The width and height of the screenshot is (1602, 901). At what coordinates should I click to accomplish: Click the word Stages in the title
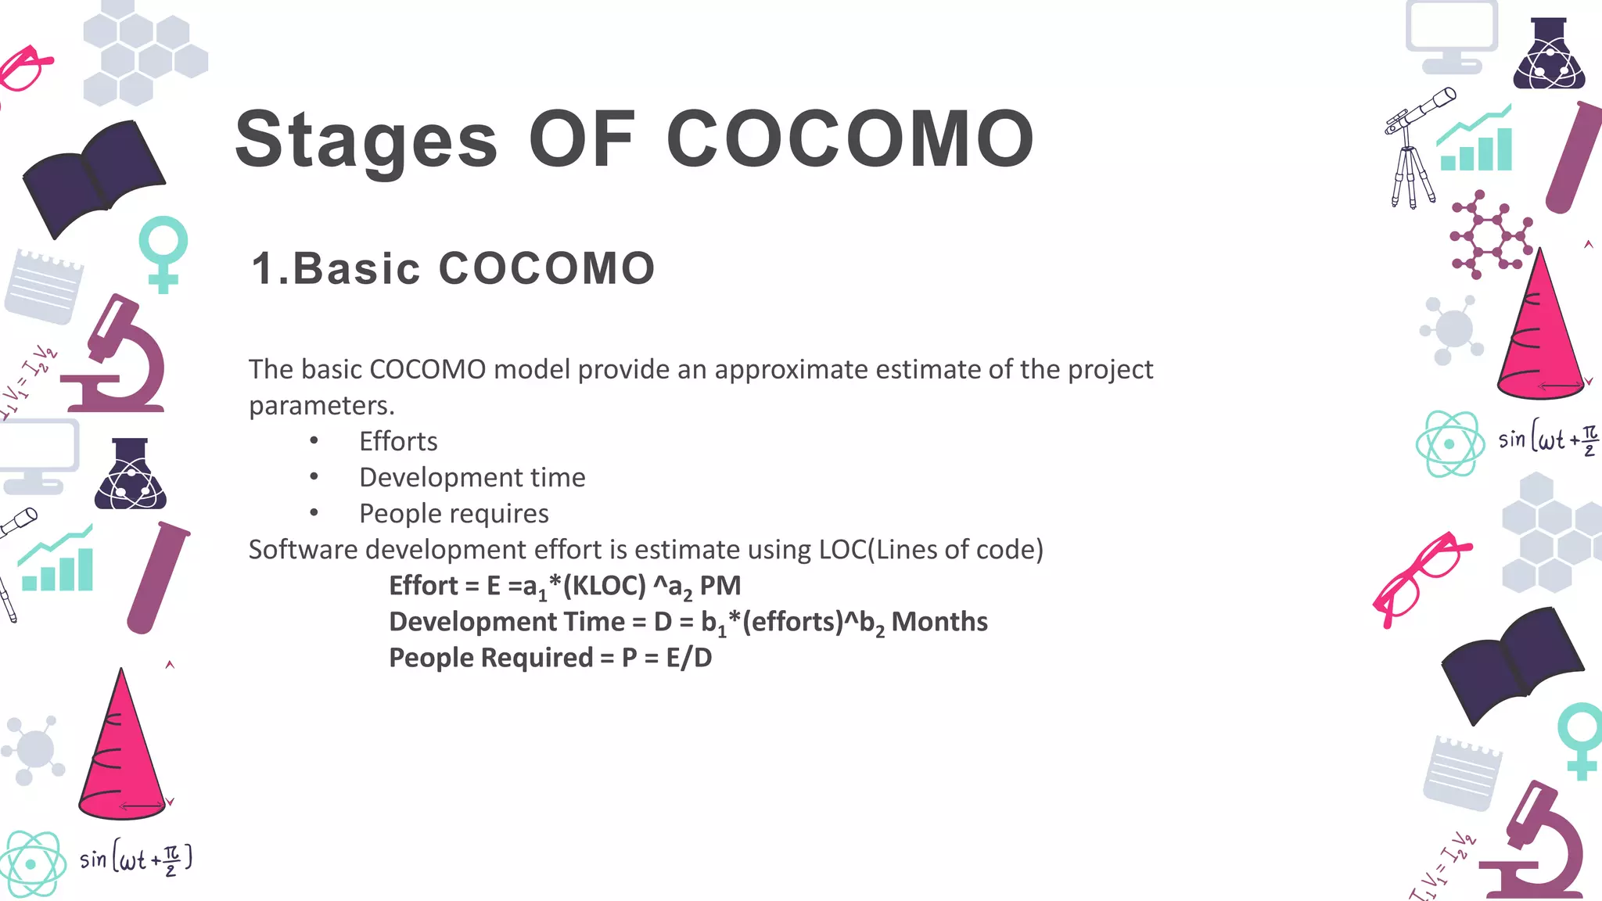[366, 141]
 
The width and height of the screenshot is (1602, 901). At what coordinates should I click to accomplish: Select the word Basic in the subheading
[357, 268]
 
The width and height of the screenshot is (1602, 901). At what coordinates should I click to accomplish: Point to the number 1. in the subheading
[270, 268]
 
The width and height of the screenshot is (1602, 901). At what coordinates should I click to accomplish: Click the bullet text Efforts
[398, 442]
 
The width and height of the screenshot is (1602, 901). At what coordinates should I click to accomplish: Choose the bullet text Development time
[472, 478]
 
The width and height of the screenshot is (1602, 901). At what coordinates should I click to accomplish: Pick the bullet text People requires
[454, 514]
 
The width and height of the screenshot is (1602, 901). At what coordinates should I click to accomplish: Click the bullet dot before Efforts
[314, 442]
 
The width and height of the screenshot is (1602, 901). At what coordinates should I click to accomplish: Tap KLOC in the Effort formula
[604, 586]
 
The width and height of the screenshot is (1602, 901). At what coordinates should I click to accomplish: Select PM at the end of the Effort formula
[720, 586]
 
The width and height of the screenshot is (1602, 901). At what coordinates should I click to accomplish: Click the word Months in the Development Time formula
[939, 622]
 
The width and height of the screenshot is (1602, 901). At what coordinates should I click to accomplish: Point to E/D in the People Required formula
[689, 658]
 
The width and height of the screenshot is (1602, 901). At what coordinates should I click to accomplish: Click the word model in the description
[532, 369]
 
